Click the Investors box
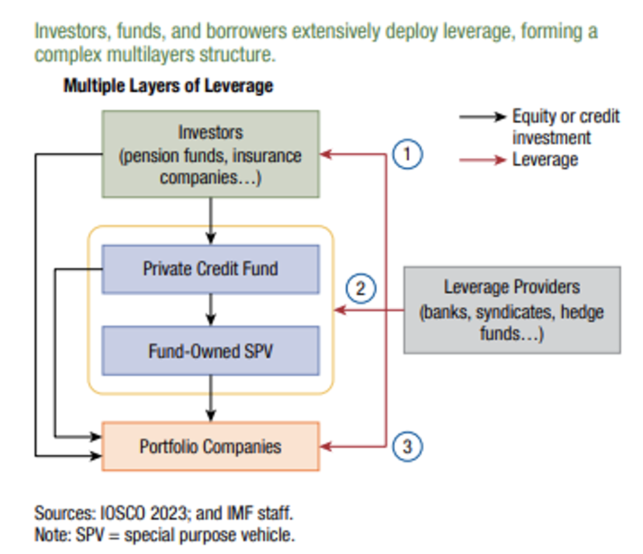pyautogui.click(x=210, y=154)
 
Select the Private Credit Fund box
pyautogui.click(x=210, y=269)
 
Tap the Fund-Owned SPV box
pyautogui.click(x=210, y=350)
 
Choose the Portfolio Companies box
pyautogui.click(x=210, y=446)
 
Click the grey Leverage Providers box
pyautogui.click(x=511, y=309)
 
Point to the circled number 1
pyautogui.click(x=407, y=154)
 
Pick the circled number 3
pyautogui.click(x=407, y=446)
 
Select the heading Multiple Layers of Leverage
pyautogui.click(x=168, y=86)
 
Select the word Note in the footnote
pyautogui.click(x=50, y=536)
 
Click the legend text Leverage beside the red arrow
pyautogui.click(x=545, y=159)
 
